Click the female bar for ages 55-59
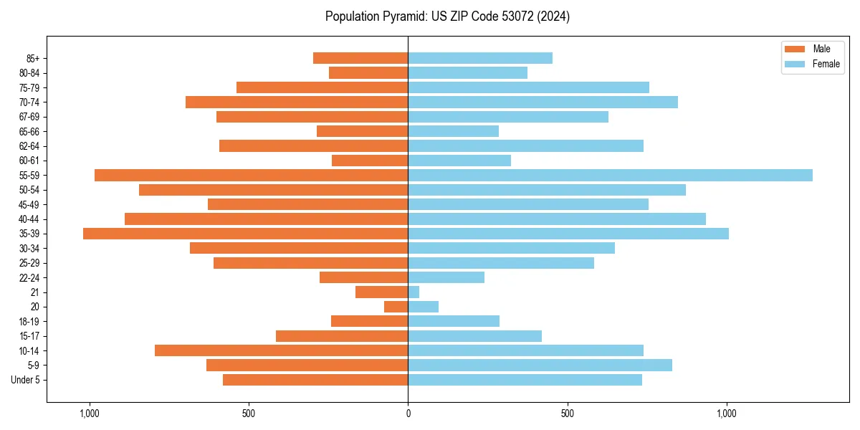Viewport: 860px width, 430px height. click(x=610, y=176)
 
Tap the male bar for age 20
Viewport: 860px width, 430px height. click(x=396, y=307)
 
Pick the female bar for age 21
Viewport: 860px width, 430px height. click(x=414, y=292)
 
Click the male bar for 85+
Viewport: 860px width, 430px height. click(x=360, y=58)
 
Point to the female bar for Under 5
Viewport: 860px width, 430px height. click(x=525, y=380)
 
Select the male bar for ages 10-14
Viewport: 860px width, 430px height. click(x=282, y=350)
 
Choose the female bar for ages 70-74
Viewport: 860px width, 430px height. click(x=543, y=102)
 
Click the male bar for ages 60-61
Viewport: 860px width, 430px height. click(x=370, y=161)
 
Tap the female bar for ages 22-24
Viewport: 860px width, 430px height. click(x=446, y=277)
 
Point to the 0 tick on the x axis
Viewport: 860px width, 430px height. click(x=408, y=414)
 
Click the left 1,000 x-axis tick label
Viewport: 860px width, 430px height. click(x=90, y=414)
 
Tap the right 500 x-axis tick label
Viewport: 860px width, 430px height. click(x=568, y=414)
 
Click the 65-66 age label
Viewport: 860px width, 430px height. click(x=29, y=131)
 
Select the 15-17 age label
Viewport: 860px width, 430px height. click(x=29, y=336)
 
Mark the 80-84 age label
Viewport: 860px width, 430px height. click(x=29, y=73)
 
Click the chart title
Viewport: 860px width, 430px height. click(x=447, y=16)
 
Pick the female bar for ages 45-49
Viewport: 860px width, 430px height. click(x=528, y=204)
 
